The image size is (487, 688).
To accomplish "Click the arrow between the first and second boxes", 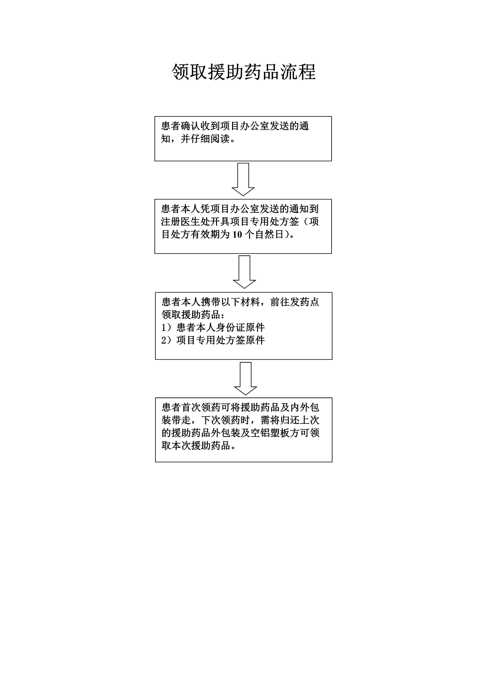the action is (243, 180).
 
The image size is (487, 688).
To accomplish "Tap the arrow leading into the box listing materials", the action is (244, 272).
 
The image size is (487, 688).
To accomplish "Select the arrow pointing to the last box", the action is (245, 378).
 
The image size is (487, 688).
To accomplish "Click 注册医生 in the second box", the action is (181, 222).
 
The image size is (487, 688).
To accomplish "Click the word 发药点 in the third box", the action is (304, 302).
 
